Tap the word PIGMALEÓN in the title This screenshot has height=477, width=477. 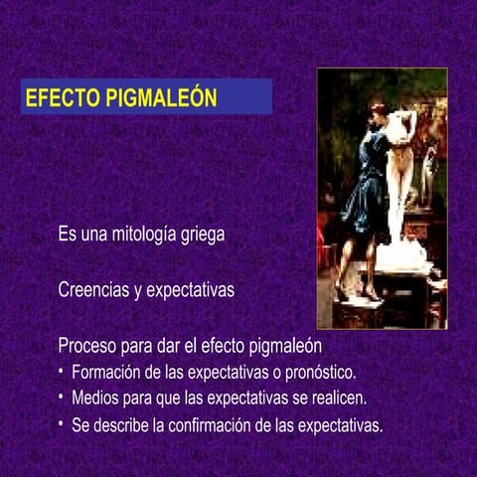tap(160, 99)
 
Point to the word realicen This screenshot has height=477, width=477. tap(335, 399)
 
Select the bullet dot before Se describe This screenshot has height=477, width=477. tap(61, 424)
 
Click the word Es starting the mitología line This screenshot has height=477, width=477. tap(68, 236)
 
